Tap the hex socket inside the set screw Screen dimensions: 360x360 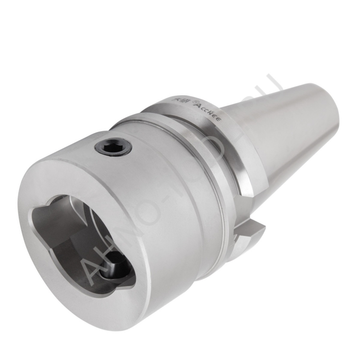pyautogui.click(x=113, y=147)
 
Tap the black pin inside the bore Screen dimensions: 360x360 pyautogui.click(x=114, y=267)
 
